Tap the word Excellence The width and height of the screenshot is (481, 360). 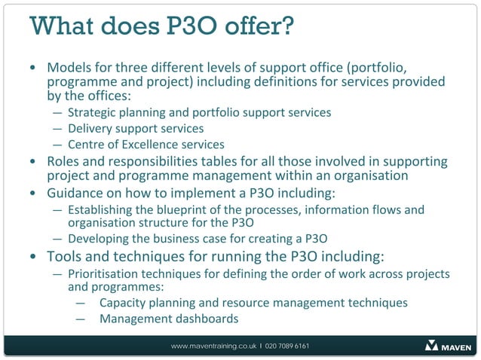tap(162, 145)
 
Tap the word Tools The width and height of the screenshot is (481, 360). tap(65, 256)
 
